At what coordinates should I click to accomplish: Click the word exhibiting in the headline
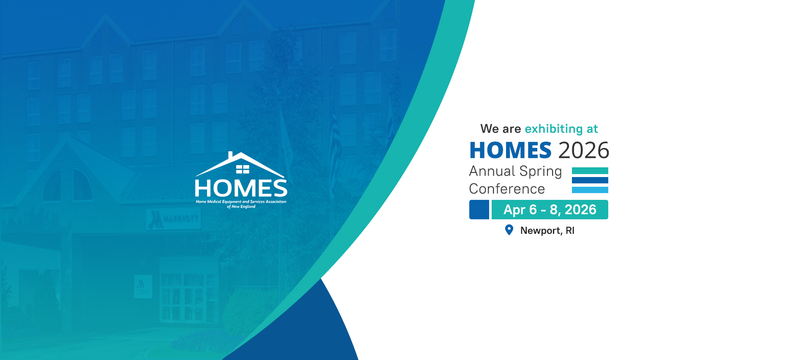(x=554, y=129)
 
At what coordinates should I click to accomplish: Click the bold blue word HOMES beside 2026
(x=510, y=150)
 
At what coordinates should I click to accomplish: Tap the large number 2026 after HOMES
(x=584, y=150)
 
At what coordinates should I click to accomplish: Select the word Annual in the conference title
(x=492, y=171)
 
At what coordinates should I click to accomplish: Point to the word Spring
(x=541, y=172)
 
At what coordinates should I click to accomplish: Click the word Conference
(x=507, y=189)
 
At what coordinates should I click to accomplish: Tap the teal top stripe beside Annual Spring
(x=590, y=171)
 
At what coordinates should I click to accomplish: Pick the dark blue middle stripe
(x=590, y=180)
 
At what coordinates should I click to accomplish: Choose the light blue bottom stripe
(x=590, y=190)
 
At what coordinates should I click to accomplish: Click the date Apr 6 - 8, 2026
(x=550, y=210)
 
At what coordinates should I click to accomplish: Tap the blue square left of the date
(x=479, y=210)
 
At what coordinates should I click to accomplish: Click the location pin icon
(x=509, y=230)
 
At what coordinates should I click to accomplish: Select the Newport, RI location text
(x=547, y=231)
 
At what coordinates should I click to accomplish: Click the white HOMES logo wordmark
(x=241, y=188)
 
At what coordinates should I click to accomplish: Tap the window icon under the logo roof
(x=242, y=169)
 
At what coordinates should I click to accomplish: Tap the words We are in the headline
(x=501, y=129)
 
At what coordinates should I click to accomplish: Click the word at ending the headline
(x=592, y=129)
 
